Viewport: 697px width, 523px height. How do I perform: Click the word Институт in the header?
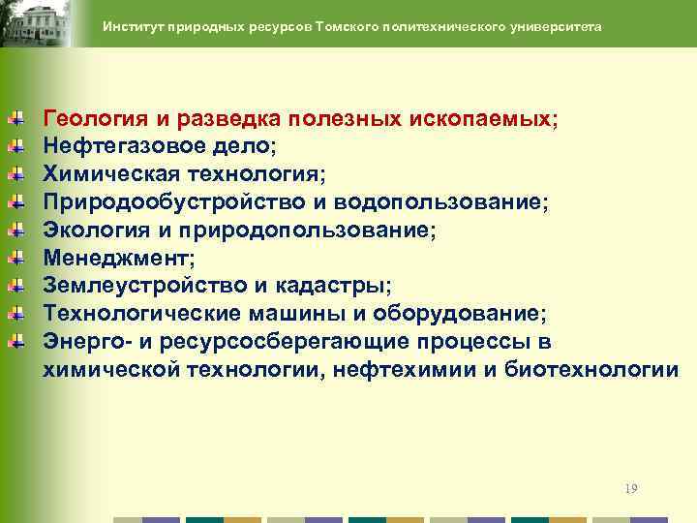tap(133, 27)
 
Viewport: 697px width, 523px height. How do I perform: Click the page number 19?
tap(631, 489)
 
